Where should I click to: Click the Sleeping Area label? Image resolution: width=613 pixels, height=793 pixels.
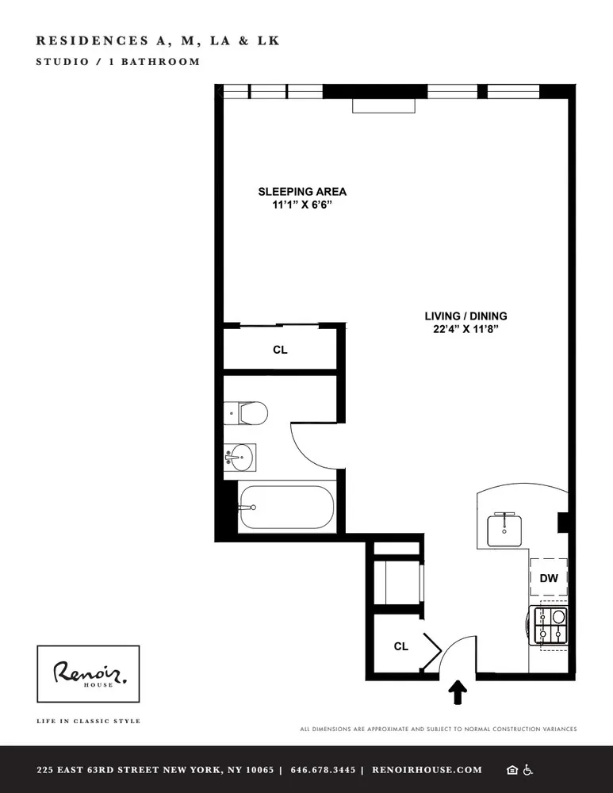(x=302, y=192)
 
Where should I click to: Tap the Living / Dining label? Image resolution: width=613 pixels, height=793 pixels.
(x=465, y=316)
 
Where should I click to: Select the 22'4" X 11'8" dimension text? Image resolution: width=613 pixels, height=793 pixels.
(x=465, y=329)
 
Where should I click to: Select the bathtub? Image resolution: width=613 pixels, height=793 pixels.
(x=285, y=507)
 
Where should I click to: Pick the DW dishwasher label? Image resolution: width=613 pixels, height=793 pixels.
(x=549, y=579)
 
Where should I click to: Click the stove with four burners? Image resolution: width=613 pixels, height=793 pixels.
(x=550, y=625)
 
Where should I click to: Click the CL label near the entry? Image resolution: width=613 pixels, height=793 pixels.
(x=401, y=646)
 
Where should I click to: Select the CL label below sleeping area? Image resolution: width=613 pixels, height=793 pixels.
(x=280, y=349)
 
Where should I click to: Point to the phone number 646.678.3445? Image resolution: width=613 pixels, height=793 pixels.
(x=323, y=770)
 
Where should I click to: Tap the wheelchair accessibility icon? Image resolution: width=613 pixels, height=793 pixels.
(x=529, y=770)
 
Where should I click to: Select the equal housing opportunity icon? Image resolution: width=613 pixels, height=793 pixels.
(x=512, y=770)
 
